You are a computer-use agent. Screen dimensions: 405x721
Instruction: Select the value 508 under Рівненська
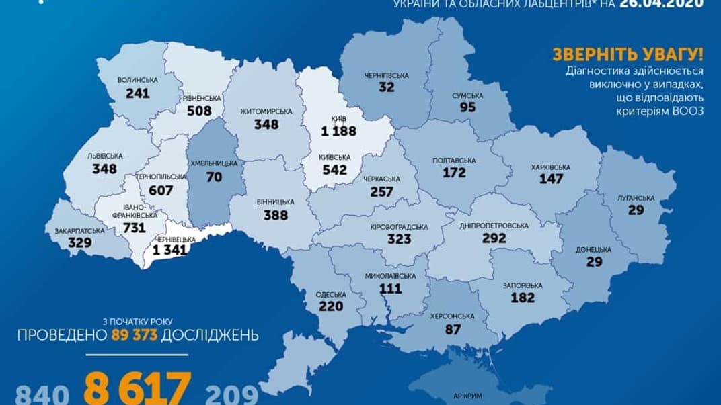coord(200,111)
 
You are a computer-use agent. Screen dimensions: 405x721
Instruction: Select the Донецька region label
coord(593,249)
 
